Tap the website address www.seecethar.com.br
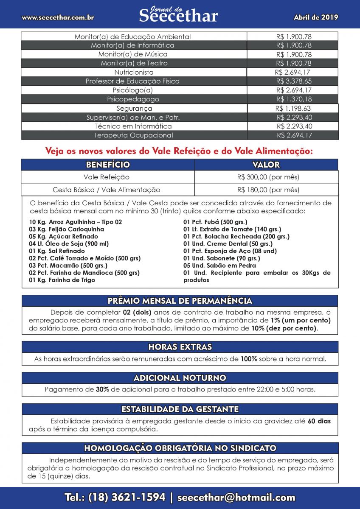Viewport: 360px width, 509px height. click(58, 18)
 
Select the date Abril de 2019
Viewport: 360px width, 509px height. click(316, 17)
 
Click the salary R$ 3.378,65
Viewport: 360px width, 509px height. click(294, 81)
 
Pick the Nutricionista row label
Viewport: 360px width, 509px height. click(134, 72)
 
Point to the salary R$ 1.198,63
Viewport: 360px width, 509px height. click(293, 108)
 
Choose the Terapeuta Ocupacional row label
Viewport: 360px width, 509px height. click(133, 135)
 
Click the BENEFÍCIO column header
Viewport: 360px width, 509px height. click(108, 165)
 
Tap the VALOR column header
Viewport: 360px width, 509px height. click(266, 165)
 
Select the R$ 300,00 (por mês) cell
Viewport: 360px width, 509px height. click(268, 177)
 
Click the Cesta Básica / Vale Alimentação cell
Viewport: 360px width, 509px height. click(107, 190)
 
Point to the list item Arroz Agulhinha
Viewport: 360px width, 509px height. click(76, 222)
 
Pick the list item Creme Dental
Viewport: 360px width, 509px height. click(228, 243)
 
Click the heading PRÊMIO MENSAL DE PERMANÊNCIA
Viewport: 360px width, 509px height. click(180, 301)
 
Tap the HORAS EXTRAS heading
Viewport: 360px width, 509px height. click(180, 347)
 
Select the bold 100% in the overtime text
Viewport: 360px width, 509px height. click(249, 359)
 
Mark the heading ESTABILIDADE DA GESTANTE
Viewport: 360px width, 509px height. click(180, 409)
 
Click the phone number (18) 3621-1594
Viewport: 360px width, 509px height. click(127, 498)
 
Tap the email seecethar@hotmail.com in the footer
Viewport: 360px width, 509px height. click(236, 498)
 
